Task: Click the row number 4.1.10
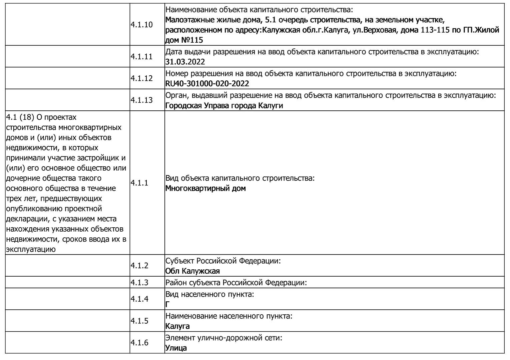coord(141,25)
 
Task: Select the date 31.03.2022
coord(185,62)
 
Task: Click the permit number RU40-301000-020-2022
coord(207,83)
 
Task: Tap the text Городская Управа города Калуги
coord(224,106)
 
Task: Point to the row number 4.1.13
coord(141,100)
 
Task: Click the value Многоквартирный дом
coord(205,188)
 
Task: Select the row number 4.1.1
coord(139,183)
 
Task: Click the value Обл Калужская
coord(192,271)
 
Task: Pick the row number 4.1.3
coord(139,282)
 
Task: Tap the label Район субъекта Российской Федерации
coord(236,283)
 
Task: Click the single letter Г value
coord(167,304)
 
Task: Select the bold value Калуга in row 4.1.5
coord(177,326)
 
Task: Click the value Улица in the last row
coord(176,348)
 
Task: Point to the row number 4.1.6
coord(139,343)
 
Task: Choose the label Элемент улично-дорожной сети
coord(224,338)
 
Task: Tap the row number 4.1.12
coord(141,78)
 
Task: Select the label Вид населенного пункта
coord(209,294)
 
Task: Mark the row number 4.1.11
coord(141,57)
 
